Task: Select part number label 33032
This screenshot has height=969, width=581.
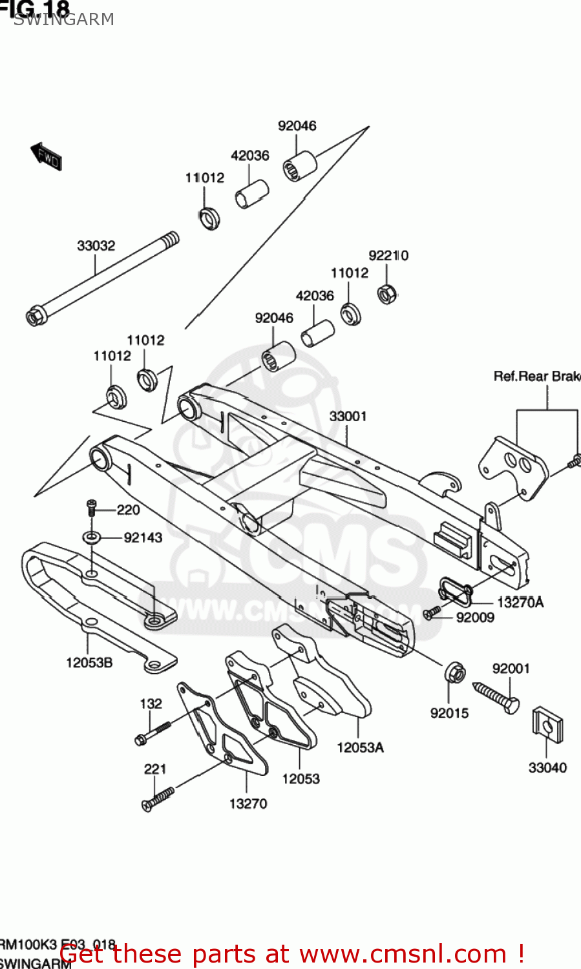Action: pos(96,245)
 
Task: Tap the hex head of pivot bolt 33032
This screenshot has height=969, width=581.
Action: pos(34,317)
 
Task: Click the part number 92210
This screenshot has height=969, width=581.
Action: pos(388,255)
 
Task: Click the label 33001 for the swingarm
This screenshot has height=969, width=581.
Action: pos(348,416)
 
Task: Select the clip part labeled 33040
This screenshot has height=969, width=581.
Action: pos(547,724)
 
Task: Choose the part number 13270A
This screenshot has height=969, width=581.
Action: pos(520,602)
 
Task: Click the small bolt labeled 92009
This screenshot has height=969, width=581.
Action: pos(432,612)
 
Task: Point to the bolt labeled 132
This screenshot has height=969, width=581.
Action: pos(153,733)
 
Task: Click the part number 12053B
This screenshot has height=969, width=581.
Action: pos(89,662)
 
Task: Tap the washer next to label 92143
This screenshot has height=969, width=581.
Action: pos(92,537)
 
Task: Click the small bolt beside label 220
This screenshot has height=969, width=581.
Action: pos(92,508)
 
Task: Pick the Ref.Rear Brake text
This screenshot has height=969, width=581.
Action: pos(536,376)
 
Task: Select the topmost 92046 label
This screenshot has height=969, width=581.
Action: pos(297,125)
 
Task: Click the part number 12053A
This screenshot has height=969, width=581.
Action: pos(360,747)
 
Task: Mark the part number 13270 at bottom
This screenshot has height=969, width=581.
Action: pos(248,804)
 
